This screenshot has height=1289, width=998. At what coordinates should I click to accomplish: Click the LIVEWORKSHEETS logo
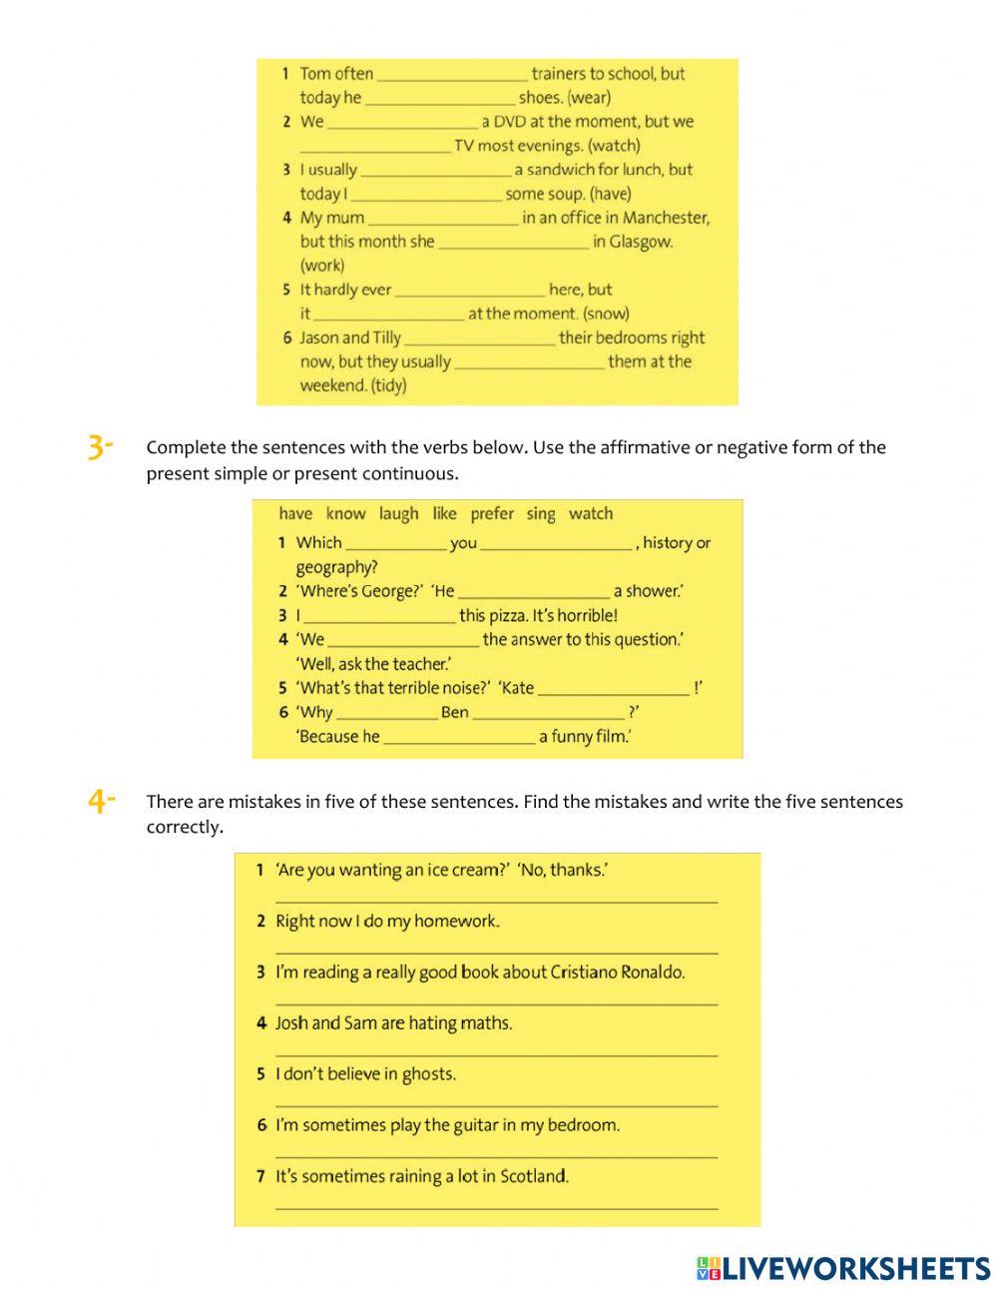point(843,1268)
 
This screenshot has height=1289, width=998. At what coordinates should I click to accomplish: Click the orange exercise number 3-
point(101,448)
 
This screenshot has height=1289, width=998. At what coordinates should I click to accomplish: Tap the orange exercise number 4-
point(102,801)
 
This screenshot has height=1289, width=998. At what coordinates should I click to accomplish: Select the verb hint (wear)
point(589,98)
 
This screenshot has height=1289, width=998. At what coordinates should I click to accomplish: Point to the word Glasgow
point(641,242)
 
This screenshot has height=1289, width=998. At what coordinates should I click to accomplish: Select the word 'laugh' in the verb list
point(398,514)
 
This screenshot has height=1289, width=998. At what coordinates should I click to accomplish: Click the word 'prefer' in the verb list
point(492,514)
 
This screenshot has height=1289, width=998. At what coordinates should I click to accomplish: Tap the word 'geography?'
point(336,567)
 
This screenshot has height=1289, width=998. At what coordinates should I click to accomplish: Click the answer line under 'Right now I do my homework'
point(496,953)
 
